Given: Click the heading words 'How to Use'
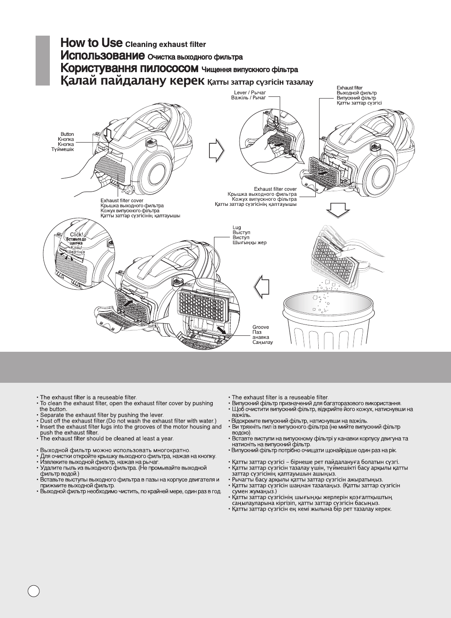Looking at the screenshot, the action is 91,43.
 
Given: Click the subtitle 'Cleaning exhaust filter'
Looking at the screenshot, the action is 165,44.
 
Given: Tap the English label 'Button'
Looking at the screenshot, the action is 67,134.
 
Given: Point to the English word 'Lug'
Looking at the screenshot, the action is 237,227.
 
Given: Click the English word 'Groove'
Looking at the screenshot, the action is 260,327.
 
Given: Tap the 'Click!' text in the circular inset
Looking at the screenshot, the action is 77,235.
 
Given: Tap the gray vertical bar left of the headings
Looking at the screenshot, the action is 43,60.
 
